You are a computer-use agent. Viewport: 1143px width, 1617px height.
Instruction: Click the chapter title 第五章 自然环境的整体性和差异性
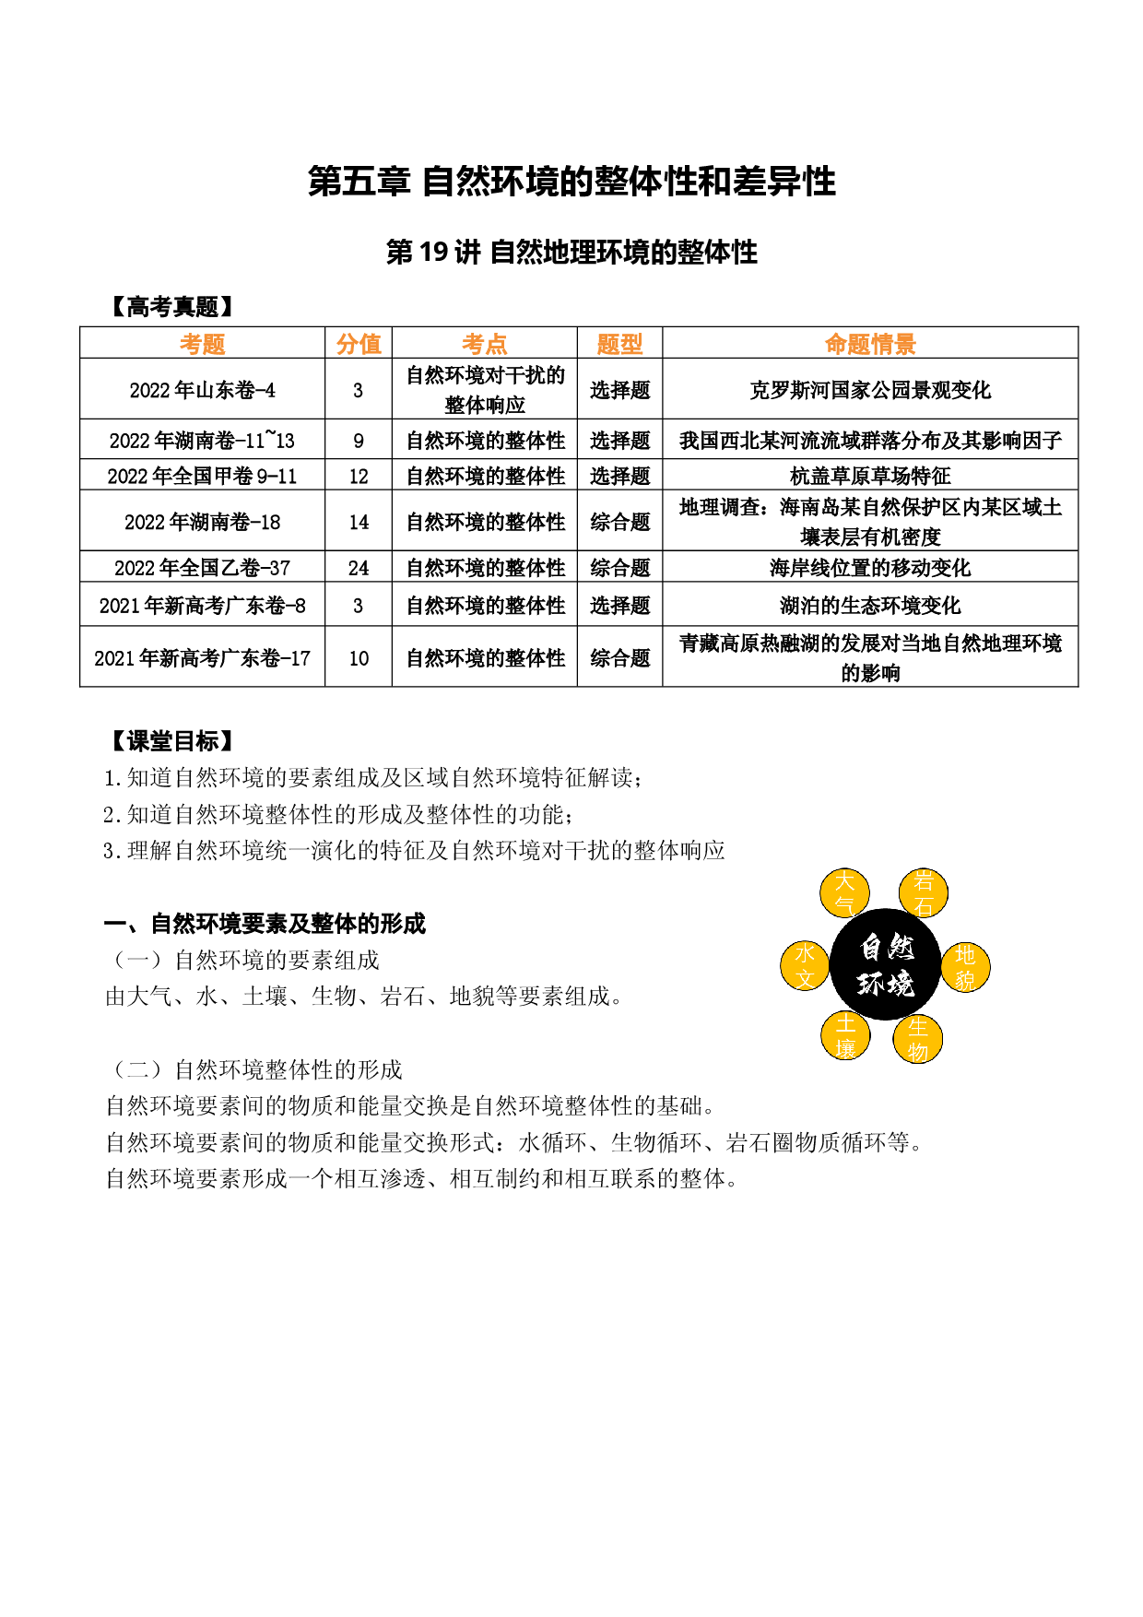(571, 182)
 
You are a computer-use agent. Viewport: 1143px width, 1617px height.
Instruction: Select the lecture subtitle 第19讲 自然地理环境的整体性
(571, 252)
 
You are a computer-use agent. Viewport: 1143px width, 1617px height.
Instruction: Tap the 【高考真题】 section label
(171, 307)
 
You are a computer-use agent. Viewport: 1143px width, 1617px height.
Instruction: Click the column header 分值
(359, 344)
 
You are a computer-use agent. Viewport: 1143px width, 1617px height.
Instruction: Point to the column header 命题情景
(870, 344)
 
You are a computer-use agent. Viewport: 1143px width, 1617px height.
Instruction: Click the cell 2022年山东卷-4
(202, 390)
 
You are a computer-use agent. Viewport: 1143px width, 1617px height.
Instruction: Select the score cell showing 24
(359, 568)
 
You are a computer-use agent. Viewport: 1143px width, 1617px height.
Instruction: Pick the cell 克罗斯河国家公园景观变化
(870, 390)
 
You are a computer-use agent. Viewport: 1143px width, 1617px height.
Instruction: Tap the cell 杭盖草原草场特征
(870, 476)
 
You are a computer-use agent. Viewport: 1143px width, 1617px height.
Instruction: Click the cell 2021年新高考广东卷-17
(202, 658)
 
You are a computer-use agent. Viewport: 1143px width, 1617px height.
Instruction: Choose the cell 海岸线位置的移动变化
(870, 568)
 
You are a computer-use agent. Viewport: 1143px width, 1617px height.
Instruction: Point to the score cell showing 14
(359, 522)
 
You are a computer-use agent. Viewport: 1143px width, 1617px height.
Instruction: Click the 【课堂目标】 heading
(171, 740)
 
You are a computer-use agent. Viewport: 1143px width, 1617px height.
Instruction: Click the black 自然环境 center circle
(885, 964)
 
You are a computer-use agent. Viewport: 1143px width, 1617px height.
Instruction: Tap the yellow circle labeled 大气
(844, 892)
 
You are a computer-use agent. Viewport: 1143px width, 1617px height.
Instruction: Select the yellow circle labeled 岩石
(924, 892)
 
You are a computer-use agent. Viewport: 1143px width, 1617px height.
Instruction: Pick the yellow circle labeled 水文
(805, 965)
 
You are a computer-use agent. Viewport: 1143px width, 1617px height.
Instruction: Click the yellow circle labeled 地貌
(965, 967)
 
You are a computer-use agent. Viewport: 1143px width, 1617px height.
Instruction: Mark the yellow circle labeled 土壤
(845, 1035)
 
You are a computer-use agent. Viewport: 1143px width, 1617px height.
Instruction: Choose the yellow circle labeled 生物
(918, 1038)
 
